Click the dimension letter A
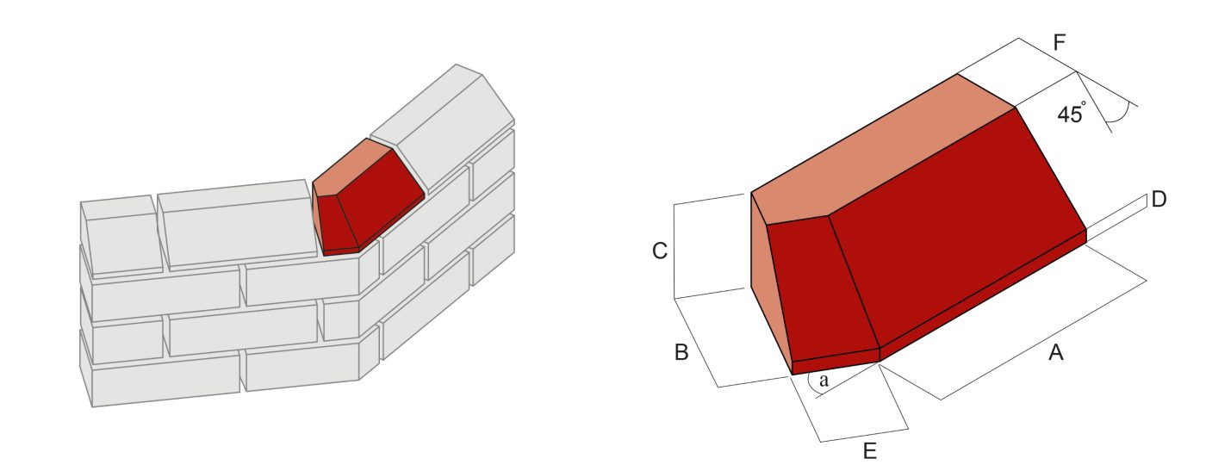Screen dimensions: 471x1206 (1055, 352)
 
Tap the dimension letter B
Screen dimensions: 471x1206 (681, 352)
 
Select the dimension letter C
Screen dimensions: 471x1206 (659, 251)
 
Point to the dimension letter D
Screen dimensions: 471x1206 (1159, 200)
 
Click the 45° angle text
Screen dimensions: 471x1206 (1072, 115)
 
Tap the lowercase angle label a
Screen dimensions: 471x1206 (824, 380)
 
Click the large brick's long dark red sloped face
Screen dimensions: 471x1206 (956, 232)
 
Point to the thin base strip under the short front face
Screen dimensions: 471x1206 (834, 362)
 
